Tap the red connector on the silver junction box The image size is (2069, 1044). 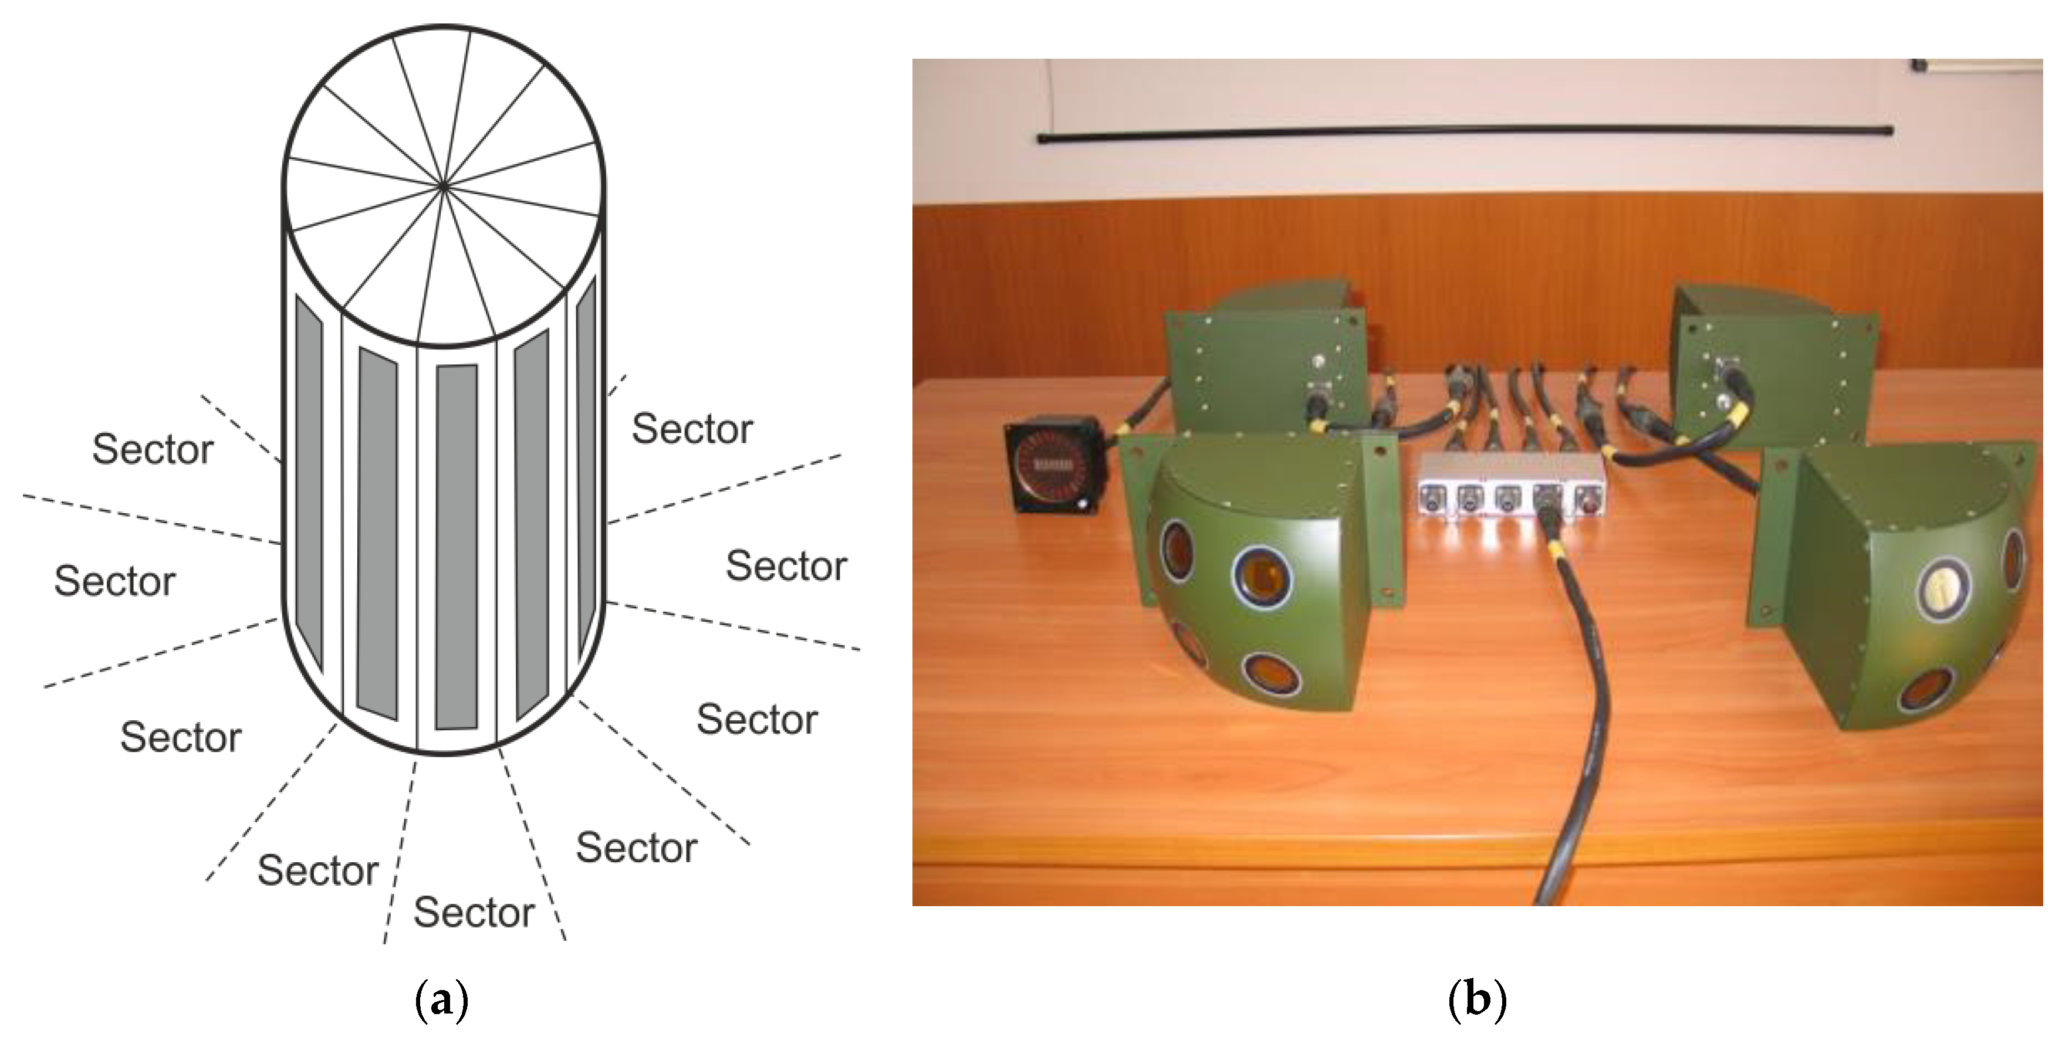(1587, 500)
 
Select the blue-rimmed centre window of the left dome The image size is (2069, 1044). (1262, 577)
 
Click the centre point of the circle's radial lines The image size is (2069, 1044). (444, 187)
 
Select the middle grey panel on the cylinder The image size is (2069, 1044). (457, 546)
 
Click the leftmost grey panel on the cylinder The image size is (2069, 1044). (309, 482)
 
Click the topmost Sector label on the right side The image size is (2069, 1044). (692, 429)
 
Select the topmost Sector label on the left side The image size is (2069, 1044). (153, 449)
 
